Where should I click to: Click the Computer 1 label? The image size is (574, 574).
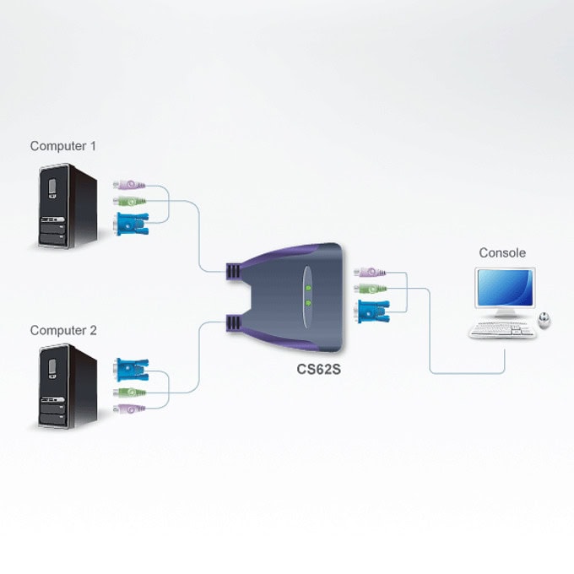pos(63,146)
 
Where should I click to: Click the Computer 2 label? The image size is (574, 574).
pos(63,331)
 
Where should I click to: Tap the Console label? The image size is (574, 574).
pos(502,252)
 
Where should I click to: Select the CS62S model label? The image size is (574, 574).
pos(318,369)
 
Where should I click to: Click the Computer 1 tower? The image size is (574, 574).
pos(68,206)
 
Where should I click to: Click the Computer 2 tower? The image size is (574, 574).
pos(68,387)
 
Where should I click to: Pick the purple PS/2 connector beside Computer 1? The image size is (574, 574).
pos(129,185)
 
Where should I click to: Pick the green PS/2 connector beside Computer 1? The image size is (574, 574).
pos(129,201)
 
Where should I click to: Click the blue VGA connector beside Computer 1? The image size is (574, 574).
pos(133,224)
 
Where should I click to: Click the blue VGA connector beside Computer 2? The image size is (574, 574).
pos(133,370)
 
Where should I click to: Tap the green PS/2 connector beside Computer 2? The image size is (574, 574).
pos(129,393)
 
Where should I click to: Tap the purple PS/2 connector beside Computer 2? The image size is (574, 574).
pos(129,409)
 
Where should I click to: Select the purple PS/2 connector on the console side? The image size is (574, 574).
pos(370,273)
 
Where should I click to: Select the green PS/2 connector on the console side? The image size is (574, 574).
pos(370,289)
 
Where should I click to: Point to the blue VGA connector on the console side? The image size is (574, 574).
pos(373,311)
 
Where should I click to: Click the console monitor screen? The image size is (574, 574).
pos(505,288)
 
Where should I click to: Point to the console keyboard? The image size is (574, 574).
pos(502,330)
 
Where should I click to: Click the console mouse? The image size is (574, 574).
pos(544,320)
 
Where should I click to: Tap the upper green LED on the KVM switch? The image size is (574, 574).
pos(308,288)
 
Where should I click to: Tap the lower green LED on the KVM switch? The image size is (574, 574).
pos(308,303)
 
